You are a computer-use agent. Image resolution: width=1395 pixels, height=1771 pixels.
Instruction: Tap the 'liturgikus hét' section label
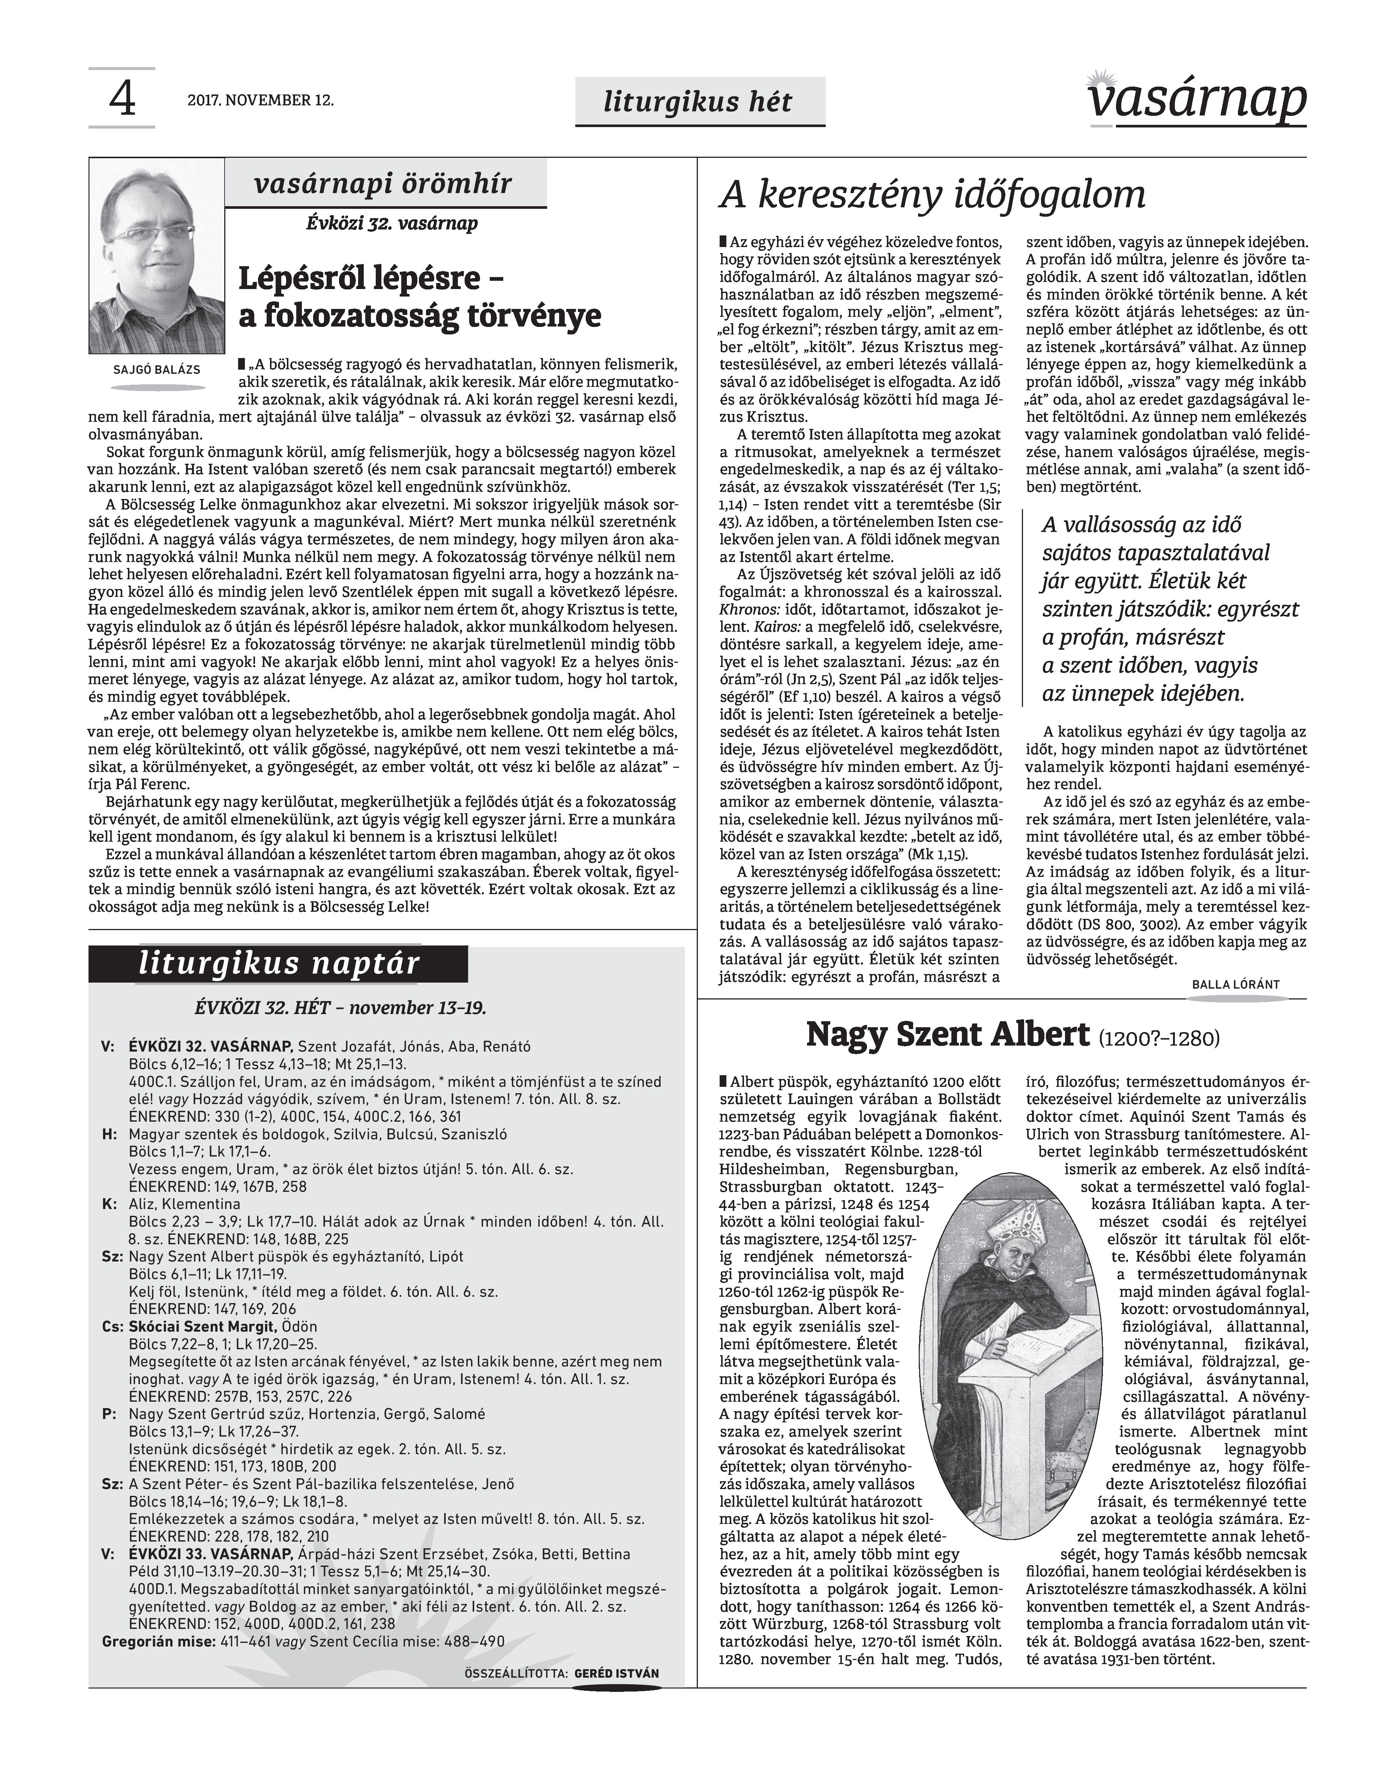[x=698, y=101]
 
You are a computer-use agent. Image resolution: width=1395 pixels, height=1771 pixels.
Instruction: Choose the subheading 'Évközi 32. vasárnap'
[x=392, y=223]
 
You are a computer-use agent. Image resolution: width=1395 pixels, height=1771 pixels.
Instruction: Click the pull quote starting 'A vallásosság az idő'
[x=1168, y=610]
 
